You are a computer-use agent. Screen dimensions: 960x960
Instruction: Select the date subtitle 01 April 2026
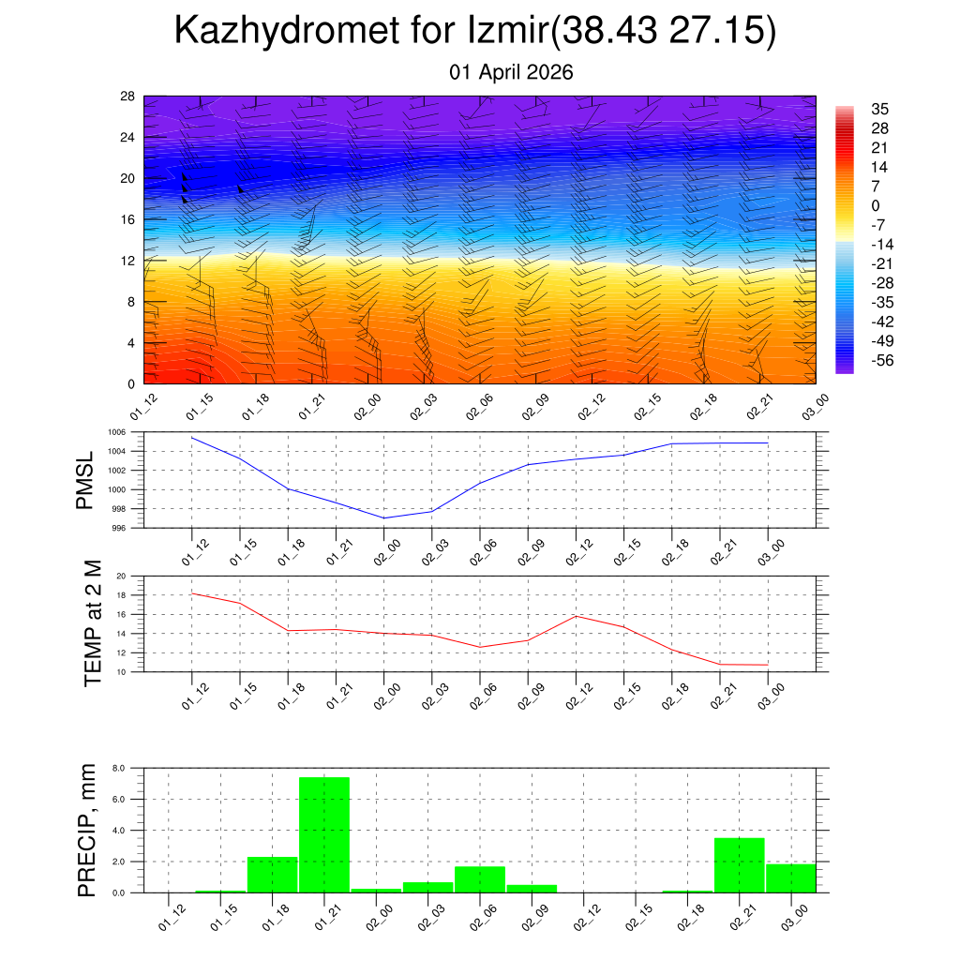pos(511,72)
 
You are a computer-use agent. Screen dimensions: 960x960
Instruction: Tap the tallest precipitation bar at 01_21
pos(324,834)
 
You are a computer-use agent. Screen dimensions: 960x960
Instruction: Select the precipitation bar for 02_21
pos(739,864)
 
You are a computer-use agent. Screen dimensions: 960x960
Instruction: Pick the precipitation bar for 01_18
pos(272,874)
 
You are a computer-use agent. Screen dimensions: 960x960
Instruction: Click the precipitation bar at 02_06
pos(480,878)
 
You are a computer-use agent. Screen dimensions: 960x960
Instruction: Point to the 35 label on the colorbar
pos(879,109)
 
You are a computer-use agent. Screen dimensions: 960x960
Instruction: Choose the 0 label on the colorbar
pos(876,206)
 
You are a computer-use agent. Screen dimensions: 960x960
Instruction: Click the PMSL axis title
pos(85,480)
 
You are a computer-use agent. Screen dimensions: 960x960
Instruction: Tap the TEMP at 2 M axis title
pos(92,623)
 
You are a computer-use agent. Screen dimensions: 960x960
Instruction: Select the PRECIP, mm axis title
pos(87,830)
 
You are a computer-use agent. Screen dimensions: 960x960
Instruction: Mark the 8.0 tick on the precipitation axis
pos(120,768)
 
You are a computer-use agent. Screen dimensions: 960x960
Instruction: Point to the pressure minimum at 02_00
pos(384,517)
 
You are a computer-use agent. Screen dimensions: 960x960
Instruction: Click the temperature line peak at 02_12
pos(576,616)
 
